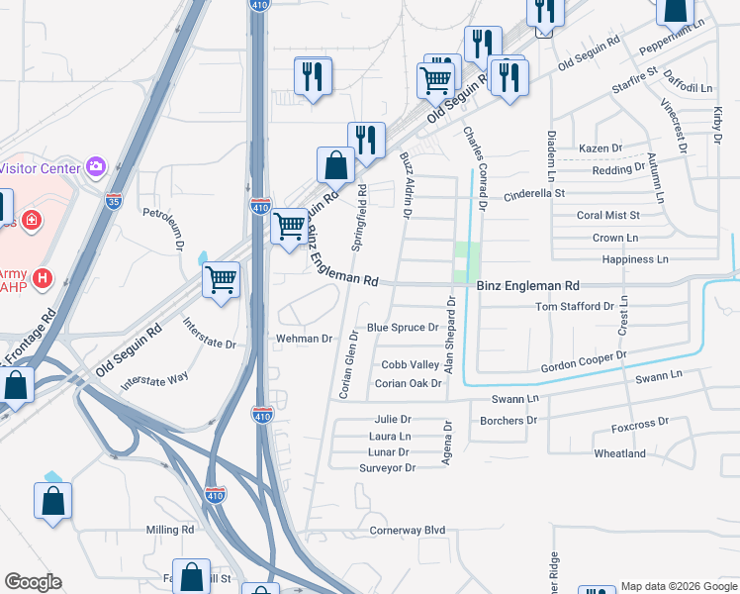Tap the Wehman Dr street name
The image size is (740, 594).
pos(305,339)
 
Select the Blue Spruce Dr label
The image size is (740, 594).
pos(402,328)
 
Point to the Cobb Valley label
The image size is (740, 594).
pos(410,365)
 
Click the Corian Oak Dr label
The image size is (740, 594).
pos(408,383)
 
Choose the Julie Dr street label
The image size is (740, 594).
pos(392,420)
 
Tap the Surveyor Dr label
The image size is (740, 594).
pos(387,467)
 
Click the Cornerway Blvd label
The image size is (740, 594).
pos(408,531)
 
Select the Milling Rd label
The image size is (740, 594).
pos(170,531)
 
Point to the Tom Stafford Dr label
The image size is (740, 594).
pos(574,307)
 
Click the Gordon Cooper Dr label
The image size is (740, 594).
pos(584,362)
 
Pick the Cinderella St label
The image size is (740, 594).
pos(534,194)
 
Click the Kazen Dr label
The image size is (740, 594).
pos(601,148)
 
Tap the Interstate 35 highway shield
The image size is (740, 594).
pos(115,201)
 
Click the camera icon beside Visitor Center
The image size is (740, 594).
pos(95,166)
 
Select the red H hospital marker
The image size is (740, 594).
pos(42,279)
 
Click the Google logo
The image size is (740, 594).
pos(33,582)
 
